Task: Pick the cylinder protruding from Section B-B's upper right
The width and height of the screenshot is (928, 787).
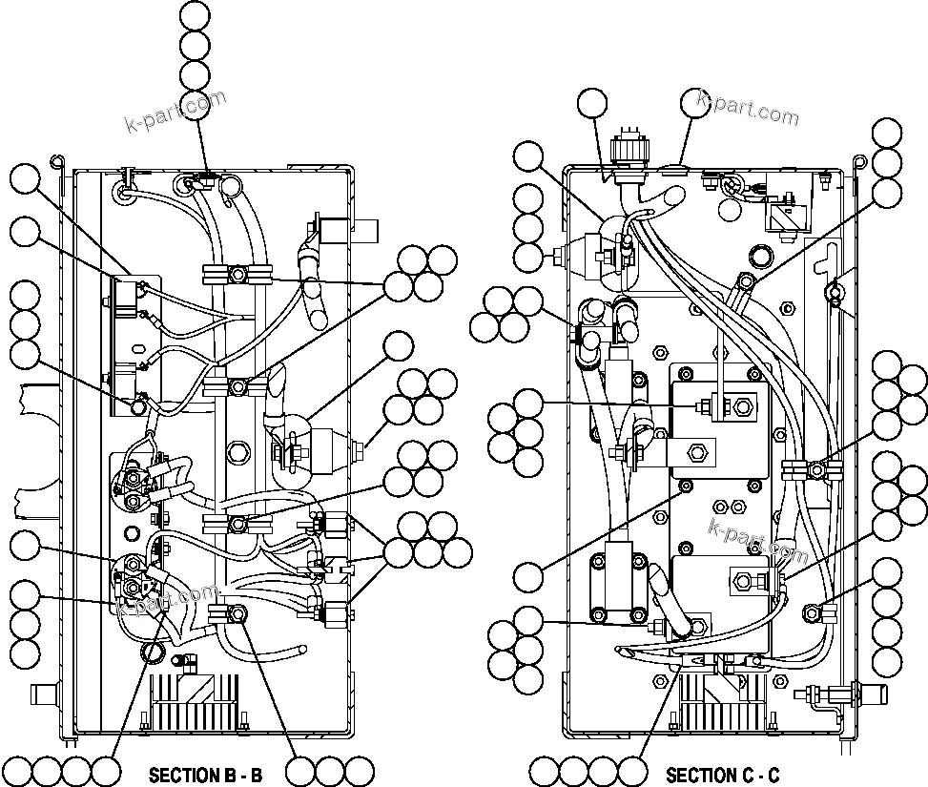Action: [x=362, y=230]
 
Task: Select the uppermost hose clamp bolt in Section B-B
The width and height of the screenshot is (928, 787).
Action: [x=237, y=276]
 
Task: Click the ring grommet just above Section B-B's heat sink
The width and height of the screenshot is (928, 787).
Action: [x=152, y=652]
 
